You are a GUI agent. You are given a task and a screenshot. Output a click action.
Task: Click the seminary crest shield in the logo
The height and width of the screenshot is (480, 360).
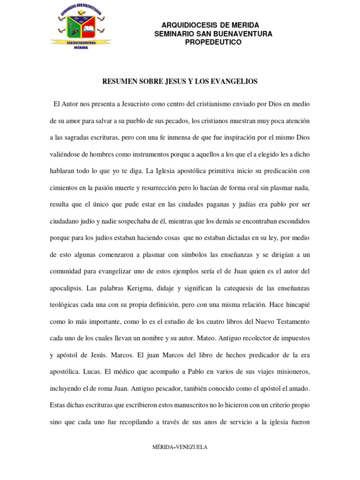(82, 27)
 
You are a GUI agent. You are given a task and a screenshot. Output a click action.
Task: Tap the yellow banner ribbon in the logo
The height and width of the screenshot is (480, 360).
(81, 42)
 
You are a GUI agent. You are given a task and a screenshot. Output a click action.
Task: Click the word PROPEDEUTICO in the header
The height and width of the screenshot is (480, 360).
(213, 42)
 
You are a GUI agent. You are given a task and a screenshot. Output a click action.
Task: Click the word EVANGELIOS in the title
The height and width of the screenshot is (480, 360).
(235, 82)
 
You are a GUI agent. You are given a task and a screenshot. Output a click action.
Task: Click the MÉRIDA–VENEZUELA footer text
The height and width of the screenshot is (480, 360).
(180, 447)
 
